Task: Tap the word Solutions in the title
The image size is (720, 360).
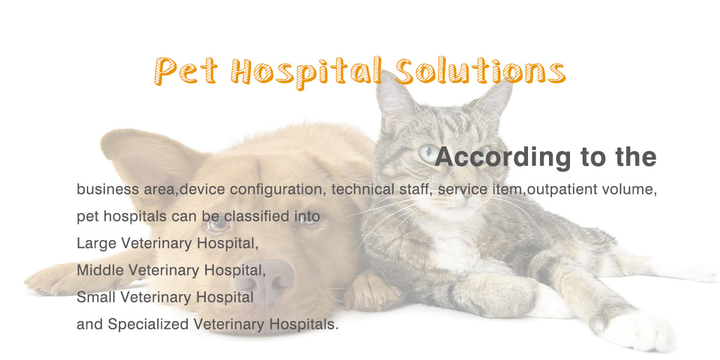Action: coord(481,71)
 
